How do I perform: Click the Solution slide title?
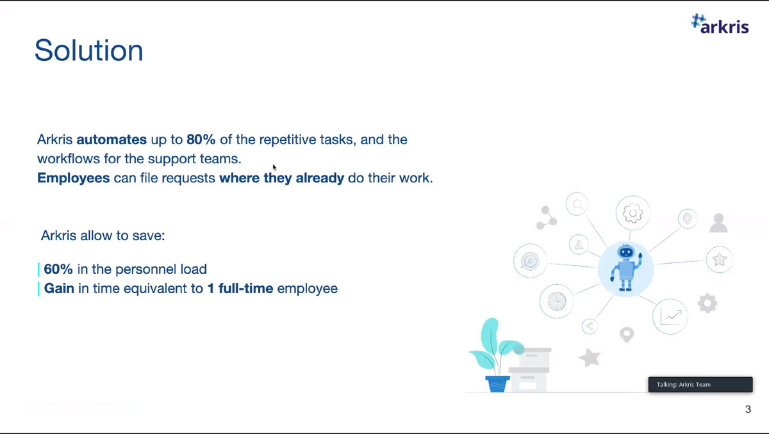coord(88,51)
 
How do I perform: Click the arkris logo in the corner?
coord(720,24)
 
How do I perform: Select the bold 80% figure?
coord(201,140)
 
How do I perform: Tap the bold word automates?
coord(112,140)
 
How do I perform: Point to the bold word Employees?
coord(74,178)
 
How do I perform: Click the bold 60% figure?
coord(58,269)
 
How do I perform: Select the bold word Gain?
coord(59,288)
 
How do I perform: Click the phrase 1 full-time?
coord(240,288)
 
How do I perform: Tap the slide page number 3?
coord(748,409)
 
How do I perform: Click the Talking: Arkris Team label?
coord(684,385)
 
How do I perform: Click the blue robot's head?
coord(626,252)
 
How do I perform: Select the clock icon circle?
coord(556,301)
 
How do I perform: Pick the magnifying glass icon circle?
coord(577,204)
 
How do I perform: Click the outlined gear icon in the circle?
coord(633,213)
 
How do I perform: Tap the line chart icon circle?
coord(670,316)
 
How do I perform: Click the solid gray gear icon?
coord(707,303)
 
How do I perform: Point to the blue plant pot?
coord(497,384)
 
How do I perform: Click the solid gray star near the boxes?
coord(590,358)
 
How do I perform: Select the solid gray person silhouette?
coord(718,223)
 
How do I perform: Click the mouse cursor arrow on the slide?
coord(274,168)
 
